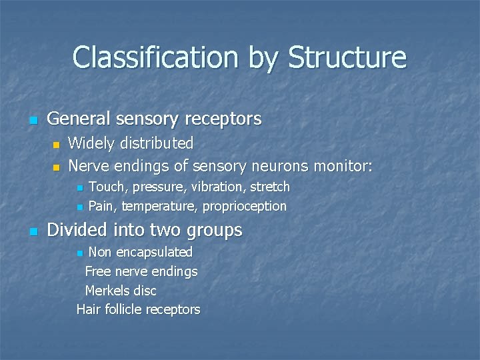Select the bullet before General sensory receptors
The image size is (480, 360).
(32, 121)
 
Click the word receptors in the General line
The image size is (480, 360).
(223, 119)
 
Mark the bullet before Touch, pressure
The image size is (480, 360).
(79, 187)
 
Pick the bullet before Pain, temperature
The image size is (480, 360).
(79, 207)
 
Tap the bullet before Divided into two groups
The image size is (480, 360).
(32, 232)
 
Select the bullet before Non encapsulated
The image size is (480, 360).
(80, 253)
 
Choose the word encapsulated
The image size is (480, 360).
(153, 252)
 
